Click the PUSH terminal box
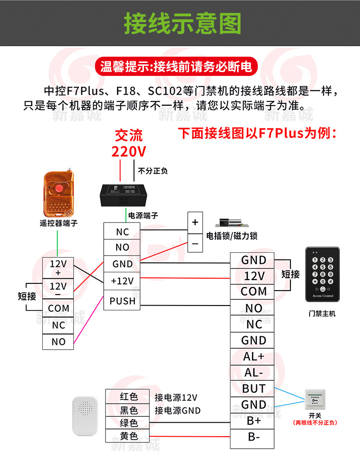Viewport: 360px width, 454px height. pos(122,301)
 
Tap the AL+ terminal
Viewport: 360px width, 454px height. pos(253,356)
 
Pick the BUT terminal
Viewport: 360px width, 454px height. pos(253,389)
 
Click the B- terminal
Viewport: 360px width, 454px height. pos(253,437)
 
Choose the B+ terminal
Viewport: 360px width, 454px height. pos(253,421)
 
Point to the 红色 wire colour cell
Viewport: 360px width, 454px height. pos(128,397)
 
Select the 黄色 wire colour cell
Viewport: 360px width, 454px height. pos(128,436)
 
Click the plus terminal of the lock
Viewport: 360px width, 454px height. pos(195,222)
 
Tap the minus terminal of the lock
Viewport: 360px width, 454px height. pos(195,244)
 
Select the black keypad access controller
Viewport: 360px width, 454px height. pos(322,274)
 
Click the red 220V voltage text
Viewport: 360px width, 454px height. pos(128,151)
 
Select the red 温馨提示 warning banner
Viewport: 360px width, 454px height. pos(176,66)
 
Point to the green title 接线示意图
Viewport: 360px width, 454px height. pos(182,24)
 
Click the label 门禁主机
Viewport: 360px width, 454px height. pos(322,313)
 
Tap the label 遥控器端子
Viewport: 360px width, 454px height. pos(59,223)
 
